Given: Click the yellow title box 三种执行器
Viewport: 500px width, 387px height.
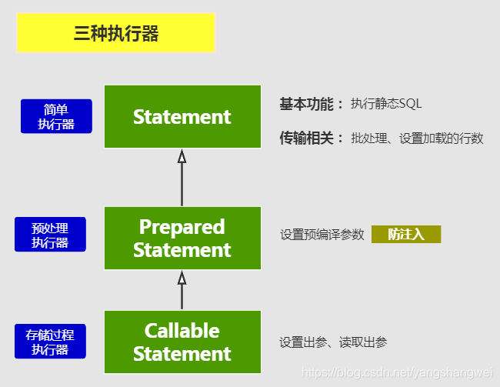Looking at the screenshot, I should pyautogui.click(x=115, y=33).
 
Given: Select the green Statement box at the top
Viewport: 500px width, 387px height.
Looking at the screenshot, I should pyautogui.click(x=182, y=117).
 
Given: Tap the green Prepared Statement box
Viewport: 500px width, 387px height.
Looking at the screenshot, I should pyautogui.click(x=182, y=238).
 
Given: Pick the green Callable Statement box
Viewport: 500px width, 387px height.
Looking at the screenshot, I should pyautogui.click(x=182, y=342).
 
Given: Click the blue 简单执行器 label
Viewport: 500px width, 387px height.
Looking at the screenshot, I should pyautogui.click(x=56, y=116).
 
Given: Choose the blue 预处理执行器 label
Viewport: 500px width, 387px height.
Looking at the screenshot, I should pyautogui.click(x=50, y=235).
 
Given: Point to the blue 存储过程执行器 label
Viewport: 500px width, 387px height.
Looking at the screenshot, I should pyautogui.click(x=50, y=342).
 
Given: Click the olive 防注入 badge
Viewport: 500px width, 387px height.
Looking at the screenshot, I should pyautogui.click(x=406, y=234).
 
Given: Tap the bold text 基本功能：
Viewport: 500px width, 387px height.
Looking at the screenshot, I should pyautogui.click(x=311, y=104).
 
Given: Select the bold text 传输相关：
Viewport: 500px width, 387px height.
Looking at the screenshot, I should pyautogui.click(x=311, y=138).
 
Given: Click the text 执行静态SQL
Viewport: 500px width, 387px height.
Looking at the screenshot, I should pyautogui.click(x=386, y=104).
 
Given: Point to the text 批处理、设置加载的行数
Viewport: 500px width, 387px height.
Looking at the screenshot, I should pyautogui.click(x=417, y=138).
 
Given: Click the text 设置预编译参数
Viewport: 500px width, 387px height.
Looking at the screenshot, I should pyautogui.click(x=322, y=235).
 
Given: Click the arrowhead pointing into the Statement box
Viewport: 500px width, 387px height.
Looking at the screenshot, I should pyautogui.click(x=182, y=157).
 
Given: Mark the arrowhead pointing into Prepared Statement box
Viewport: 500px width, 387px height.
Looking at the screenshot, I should pyautogui.click(x=182, y=277).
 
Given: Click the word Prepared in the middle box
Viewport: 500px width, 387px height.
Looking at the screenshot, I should pyautogui.click(x=182, y=227).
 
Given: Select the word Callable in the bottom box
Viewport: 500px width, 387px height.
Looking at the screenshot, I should pyautogui.click(x=182, y=331).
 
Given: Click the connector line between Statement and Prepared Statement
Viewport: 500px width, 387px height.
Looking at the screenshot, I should pyautogui.click(x=182, y=185).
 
